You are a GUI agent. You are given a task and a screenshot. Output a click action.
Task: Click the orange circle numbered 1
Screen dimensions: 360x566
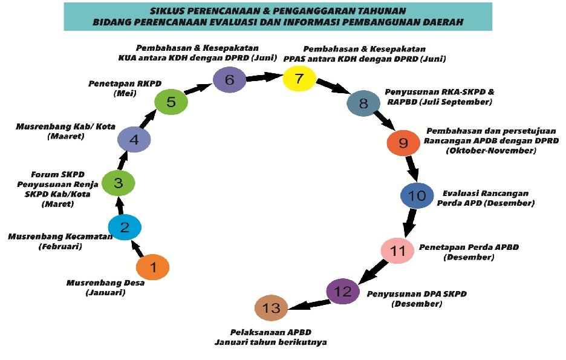152,267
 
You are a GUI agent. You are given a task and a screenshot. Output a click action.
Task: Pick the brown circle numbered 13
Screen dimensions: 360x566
272,309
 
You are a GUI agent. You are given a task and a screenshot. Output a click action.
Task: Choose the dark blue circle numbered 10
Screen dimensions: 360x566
417,195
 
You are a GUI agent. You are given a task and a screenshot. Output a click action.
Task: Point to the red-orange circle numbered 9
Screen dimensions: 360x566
403,143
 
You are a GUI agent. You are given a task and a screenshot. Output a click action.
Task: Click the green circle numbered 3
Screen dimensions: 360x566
119,181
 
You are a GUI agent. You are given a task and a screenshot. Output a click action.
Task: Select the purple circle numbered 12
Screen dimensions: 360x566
343,292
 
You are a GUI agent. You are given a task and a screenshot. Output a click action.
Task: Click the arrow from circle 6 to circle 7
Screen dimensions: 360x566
264,77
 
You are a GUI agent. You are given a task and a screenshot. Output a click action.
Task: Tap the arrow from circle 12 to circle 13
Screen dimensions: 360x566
307,302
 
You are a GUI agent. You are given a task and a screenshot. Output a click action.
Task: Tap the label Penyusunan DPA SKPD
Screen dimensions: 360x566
416,294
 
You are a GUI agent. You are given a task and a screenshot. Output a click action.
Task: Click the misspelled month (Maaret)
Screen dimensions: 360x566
66,137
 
